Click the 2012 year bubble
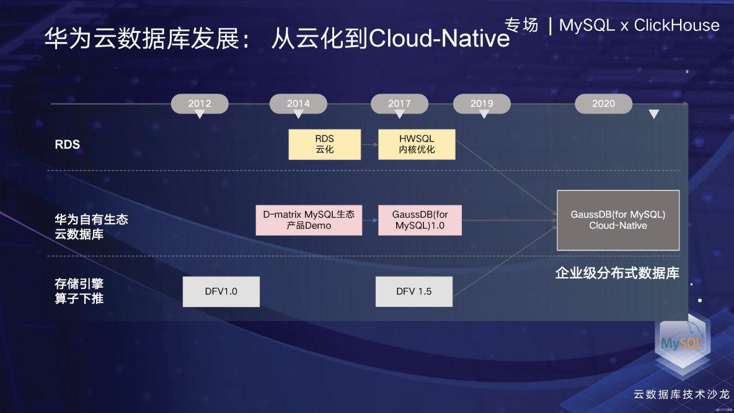pyautogui.click(x=200, y=104)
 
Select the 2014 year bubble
pyautogui.click(x=298, y=104)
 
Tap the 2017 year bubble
pyautogui.click(x=399, y=104)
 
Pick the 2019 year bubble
pyautogui.click(x=482, y=104)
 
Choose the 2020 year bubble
pyautogui.click(x=603, y=104)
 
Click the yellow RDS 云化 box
pyautogui.click(x=324, y=144)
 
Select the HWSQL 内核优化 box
pyautogui.click(x=417, y=144)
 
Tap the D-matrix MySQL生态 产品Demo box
pyautogui.click(x=309, y=220)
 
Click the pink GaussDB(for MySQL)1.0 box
pyautogui.click(x=420, y=220)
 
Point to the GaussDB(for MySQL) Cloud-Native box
pyautogui.click(x=617, y=220)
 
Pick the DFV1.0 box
pyautogui.click(x=221, y=291)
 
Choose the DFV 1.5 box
pyautogui.click(x=413, y=291)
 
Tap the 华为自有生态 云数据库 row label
pyautogui.click(x=92, y=226)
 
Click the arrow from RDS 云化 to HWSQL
pyautogui.click(x=369, y=144)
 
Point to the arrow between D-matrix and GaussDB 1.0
pyautogui.click(x=370, y=220)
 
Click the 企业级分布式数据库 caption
pyautogui.click(x=617, y=273)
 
